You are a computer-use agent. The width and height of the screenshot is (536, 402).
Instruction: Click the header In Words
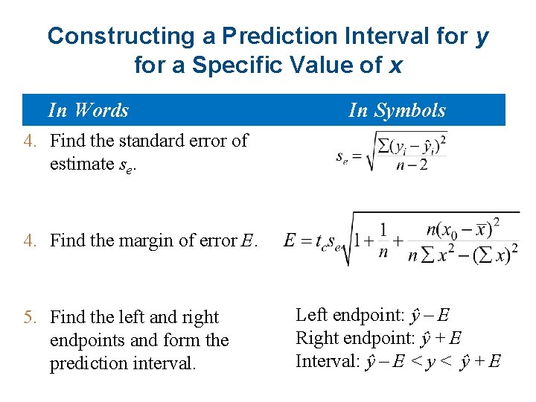point(88,110)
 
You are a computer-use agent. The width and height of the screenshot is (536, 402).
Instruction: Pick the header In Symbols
point(397,110)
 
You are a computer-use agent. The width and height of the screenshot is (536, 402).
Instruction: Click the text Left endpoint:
point(351,315)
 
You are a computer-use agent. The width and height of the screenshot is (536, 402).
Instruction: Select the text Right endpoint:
point(354,338)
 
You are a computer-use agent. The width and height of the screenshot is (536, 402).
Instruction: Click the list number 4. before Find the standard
point(31,141)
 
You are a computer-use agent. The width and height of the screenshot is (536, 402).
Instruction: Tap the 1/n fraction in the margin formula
point(383,240)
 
